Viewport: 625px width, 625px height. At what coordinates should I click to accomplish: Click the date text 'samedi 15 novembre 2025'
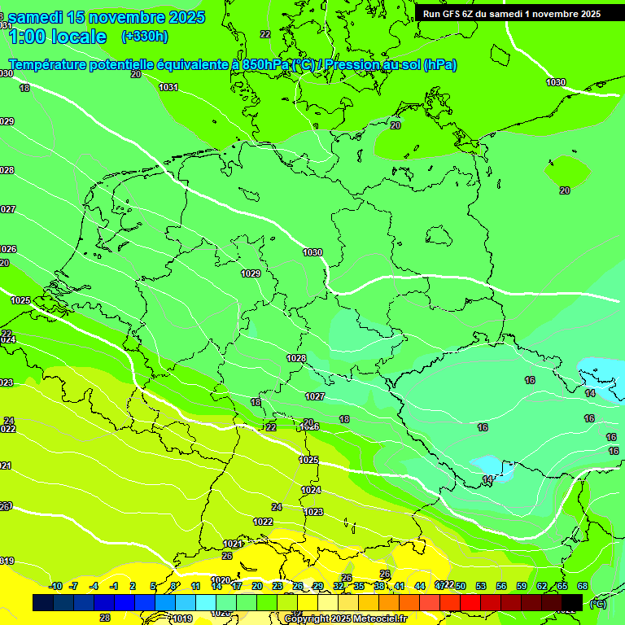coord(106,17)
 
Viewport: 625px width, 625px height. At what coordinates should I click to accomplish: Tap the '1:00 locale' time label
coord(57,37)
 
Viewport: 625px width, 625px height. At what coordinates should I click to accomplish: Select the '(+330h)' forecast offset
coord(144,37)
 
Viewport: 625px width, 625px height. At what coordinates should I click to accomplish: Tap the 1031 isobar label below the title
coord(168,87)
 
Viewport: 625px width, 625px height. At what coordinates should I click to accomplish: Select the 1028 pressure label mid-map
coord(296,359)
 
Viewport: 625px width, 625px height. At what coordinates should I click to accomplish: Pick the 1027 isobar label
coord(315,397)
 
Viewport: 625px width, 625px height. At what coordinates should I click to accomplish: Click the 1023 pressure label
coord(314,512)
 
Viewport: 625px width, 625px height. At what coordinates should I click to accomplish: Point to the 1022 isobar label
coord(263,522)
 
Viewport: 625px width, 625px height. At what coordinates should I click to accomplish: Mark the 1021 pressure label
coord(232,544)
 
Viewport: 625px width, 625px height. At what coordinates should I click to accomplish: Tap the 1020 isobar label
coord(220,580)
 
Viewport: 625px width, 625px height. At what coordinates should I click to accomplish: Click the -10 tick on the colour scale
coord(55,586)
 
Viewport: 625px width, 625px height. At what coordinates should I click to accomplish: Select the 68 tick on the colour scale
coord(583,586)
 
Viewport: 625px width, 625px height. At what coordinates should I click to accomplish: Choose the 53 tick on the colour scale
coord(481,586)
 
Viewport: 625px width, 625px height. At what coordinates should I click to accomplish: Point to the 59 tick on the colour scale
coord(522,586)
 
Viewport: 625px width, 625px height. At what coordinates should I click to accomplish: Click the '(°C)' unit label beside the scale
coord(597,603)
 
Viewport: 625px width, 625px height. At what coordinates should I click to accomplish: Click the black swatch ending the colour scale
coord(572,602)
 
